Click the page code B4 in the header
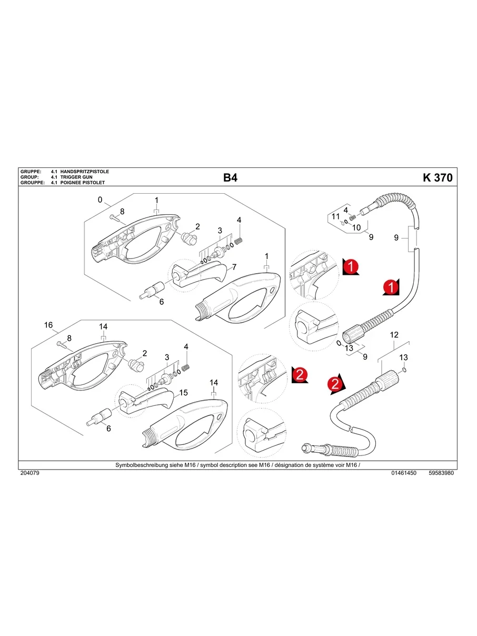(x=230, y=178)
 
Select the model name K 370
(x=437, y=178)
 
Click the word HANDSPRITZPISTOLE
(x=85, y=172)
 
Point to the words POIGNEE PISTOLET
(x=83, y=183)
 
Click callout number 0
(x=100, y=200)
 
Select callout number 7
(x=234, y=267)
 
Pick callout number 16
(x=48, y=325)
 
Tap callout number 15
(x=183, y=393)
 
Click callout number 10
(x=356, y=227)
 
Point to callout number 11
(x=336, y=217)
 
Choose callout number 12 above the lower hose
(x=394, y=335)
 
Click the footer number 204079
(x=29, y=473)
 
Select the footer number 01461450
(x=404, y=473)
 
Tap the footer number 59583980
(x=441, y=473)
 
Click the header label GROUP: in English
(x=29, y=177)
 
